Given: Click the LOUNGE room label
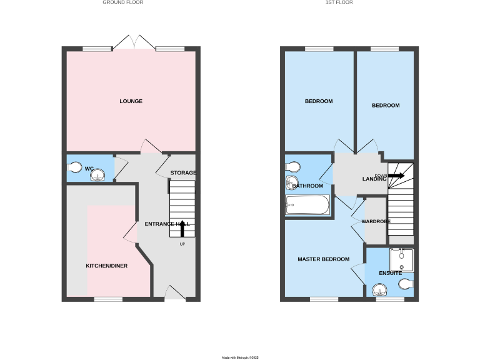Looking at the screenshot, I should point(131,101).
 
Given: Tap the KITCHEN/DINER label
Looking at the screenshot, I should point(106,266).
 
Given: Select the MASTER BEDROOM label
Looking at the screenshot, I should point(323,259).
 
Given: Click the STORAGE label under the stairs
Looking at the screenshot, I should point(183,172).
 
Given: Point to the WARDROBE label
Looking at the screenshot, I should point(376,221).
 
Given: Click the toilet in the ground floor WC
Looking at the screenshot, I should point(74,167).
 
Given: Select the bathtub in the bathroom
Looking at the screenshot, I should point(307,205).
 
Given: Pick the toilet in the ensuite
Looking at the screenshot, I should point(405,284).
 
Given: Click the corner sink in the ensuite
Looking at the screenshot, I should point(379,289).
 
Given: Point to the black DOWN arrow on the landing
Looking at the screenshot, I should point(396,176).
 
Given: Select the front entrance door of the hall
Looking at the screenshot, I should point(175,292).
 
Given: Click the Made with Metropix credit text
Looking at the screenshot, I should point(240,357).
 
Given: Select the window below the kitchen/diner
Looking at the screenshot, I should point(108,299).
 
